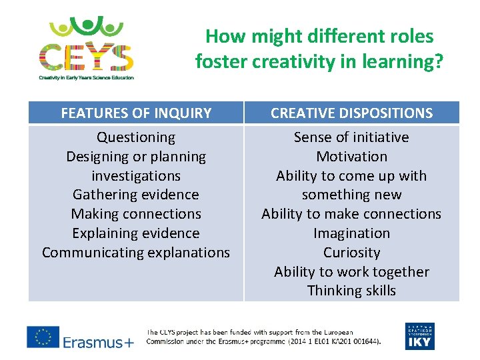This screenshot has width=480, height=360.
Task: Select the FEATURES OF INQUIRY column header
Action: click(136, 113)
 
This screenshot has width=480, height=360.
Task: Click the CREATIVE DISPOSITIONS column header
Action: click(351, 113)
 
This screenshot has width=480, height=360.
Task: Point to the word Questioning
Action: click(136, 137)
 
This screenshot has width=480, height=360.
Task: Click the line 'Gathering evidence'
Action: click(136, 195)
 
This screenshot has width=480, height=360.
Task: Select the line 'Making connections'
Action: click(136, 214)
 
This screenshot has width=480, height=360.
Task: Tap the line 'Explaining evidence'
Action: click(136, 233)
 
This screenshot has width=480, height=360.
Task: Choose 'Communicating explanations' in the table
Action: click(136, 253)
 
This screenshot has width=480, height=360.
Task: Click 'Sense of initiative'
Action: click(351, 137)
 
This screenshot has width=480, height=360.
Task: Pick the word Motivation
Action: click(351, 157)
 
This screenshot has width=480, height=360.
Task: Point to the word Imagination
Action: click(351, 233)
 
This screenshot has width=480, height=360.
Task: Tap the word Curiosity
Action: click(351, 253)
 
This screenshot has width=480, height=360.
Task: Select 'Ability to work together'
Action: click(351, 272)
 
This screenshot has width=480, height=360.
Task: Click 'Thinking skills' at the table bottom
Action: click(351, 291)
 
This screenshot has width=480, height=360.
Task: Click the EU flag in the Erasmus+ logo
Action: click(43, 337)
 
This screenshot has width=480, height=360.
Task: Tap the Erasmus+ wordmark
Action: click(98, 342)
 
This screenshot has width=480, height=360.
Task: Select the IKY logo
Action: click(419, 336)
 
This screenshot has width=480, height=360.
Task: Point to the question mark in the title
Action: click(438, 62)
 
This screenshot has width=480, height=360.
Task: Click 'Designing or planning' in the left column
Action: click(136, 157)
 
